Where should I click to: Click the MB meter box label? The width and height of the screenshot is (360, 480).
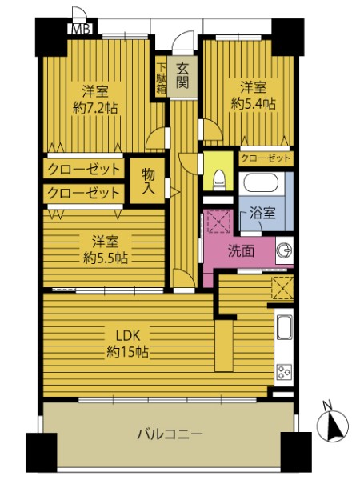tap(82, 30)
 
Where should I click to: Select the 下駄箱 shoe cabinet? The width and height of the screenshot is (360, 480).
tap(162, 78)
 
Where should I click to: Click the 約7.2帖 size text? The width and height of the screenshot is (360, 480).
tap(95, 108)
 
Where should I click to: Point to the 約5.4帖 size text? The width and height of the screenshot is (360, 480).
tap(253, 104)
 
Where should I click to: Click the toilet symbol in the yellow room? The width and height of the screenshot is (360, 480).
tap(218, 181)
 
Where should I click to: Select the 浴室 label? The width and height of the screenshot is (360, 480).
tap(262, 213)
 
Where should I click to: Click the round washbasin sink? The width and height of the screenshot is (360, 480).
tap(284, 250)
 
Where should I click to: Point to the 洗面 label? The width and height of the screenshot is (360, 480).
tap(242, 251)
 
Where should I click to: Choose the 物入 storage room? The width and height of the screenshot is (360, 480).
tap(148, 181)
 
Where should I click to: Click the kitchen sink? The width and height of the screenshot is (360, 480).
tap(285, 327)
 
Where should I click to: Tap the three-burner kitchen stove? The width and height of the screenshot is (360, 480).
tap(284, 372)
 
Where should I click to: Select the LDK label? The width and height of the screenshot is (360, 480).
tap(128, 336)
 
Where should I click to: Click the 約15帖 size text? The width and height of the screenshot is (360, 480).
tap(128, 352)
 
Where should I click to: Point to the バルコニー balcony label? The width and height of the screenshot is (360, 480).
tap(170, 434)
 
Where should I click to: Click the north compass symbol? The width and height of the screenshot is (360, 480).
tap(334, 423)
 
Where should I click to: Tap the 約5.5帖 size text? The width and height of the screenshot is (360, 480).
tap(106, 258)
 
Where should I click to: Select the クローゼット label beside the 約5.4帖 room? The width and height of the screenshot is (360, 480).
tap(265, 158)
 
